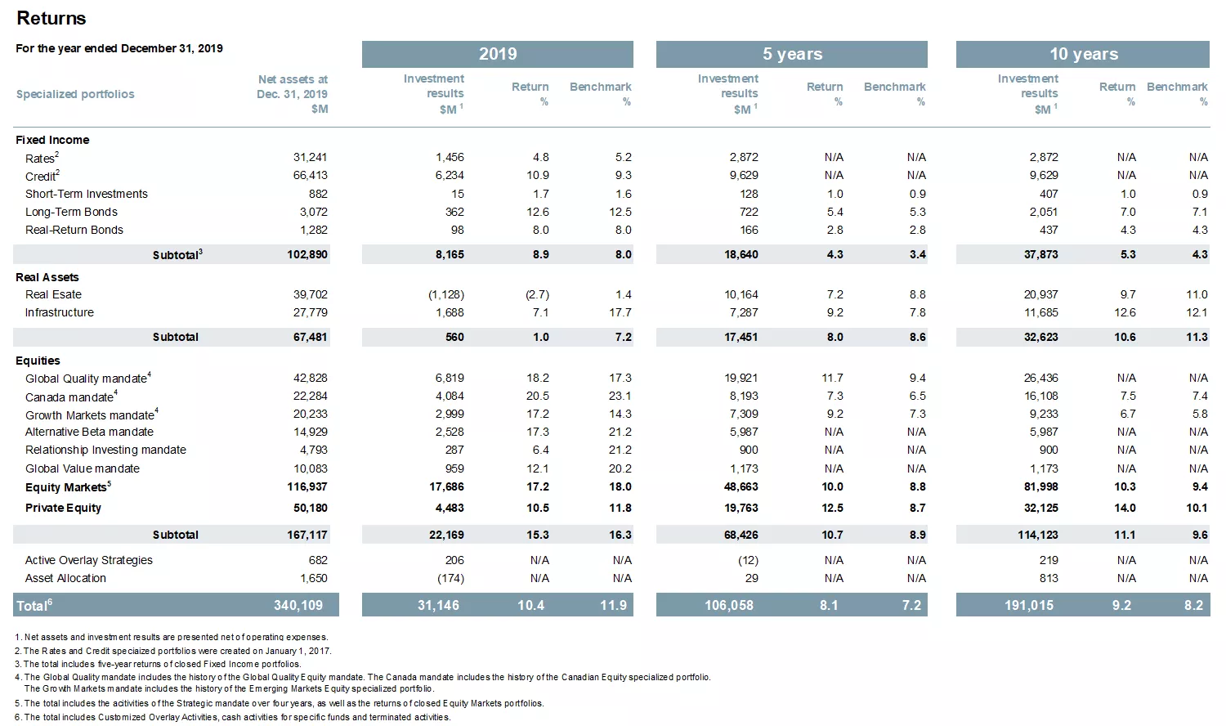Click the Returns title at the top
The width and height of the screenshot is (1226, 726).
click(51, 18)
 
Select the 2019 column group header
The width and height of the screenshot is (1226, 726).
click(497, 54)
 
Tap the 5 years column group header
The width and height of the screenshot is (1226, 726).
click(791, 54)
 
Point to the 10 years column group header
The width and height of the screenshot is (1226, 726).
click(1083, 54)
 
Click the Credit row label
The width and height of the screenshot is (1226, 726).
click(41, 176)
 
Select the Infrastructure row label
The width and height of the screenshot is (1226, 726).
click(59, 312)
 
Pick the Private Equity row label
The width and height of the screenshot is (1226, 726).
click(63, 508)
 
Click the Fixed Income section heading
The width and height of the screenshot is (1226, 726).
click(52, 140)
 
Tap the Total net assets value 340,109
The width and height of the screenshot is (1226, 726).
click(298, 605)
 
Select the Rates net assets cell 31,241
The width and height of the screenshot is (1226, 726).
click(310, 157)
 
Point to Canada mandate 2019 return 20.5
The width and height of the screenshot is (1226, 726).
click(537, 396)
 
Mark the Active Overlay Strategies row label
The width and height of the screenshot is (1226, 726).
click(88, 560)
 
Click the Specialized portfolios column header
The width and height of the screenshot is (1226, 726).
click(75, 94)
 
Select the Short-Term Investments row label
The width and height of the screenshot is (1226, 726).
click(86, 194)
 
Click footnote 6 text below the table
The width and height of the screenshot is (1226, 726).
click(233, 717)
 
